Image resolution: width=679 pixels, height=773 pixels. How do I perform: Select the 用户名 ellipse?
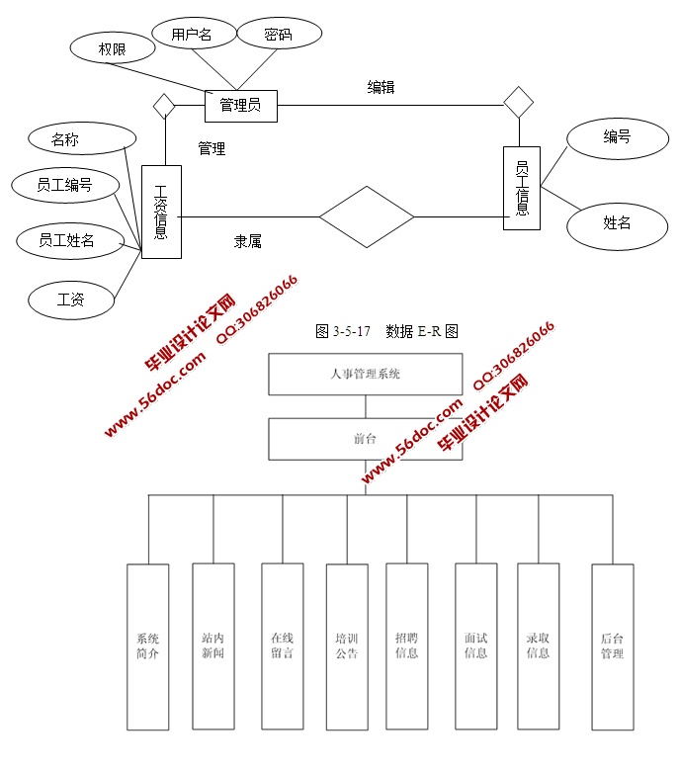pyautogui.click(x=192, y=34)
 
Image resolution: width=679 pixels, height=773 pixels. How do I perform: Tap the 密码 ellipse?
pyautogui.click(x=279, y=34)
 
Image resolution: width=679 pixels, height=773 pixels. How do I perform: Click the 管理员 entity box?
pyautogui.click(x=240, y=105)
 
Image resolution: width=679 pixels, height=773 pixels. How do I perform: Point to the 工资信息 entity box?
pyautogui.click(x=161, y=212)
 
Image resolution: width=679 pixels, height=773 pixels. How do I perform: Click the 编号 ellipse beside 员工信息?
pyautogui.click(x=617, y=137)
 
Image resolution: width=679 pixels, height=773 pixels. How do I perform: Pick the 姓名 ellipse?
pyautogui.click(x=617, y=223)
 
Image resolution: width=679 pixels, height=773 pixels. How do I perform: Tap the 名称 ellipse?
pyautogui.click(x=66, y=140)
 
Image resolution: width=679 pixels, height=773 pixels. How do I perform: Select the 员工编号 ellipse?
pyautogui.click(x=65, y=184)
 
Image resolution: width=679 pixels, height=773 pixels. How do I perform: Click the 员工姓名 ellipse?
pyautogui.click(x=66, y=240)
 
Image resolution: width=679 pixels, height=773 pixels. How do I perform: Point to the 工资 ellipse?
pyautogui.click(x=71, y=299)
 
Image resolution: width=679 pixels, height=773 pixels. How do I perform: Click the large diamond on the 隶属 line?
pyautogui.click(x=366, y=216)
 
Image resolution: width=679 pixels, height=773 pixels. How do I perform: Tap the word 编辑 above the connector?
pyautogui.click(x=381, y=87)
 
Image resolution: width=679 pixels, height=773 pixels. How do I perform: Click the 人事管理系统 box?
pyautogui.click(x=365, y=375)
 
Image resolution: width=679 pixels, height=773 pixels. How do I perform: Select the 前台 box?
pyautogui.click(x=365, y=439)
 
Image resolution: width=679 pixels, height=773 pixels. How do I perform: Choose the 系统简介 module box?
pyautogui.click(x=147, y=645)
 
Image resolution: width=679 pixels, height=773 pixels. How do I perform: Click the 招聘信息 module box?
pyautogui.click(x=406, y=645)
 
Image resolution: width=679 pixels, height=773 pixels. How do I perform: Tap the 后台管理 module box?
pyautogui.click(x=612, y=645)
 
